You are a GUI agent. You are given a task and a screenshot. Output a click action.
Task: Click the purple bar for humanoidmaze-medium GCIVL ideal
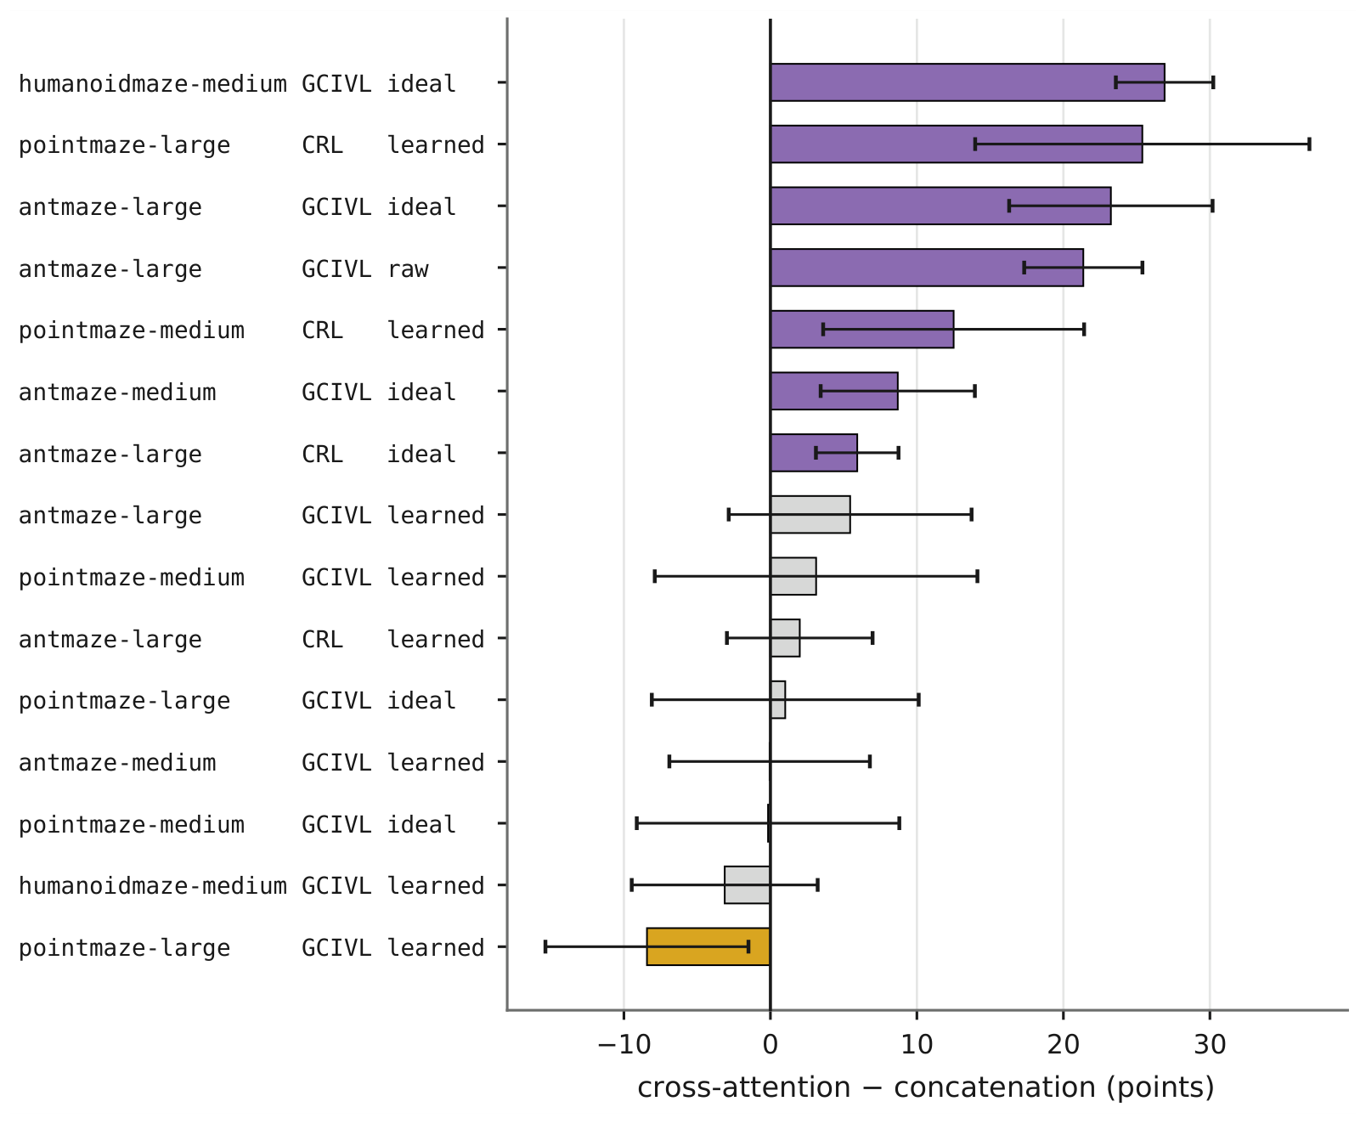[967, 82]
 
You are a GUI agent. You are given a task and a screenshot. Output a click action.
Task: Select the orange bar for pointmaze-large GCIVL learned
[708, 946]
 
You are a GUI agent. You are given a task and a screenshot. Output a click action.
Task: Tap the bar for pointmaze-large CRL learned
[956, 144]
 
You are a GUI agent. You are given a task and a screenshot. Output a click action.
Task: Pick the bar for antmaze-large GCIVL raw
[926, 268]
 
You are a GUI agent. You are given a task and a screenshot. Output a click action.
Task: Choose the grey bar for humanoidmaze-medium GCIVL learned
[747, 885]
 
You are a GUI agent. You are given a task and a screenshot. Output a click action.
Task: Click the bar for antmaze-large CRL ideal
[814, 453]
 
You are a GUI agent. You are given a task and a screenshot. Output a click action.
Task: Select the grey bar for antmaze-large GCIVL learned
[810, 514]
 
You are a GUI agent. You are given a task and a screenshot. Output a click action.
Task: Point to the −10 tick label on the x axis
[624, 1045]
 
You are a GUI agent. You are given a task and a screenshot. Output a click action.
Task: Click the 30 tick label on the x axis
[1210, 1045]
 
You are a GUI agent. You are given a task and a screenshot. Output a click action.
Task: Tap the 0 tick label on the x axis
[770, 1045]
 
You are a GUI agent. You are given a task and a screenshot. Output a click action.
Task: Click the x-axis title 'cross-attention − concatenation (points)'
[926, 1087]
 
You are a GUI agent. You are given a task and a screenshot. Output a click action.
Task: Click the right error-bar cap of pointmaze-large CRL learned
[1309, 144]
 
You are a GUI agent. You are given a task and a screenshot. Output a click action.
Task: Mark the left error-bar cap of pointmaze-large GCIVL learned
[545, 946]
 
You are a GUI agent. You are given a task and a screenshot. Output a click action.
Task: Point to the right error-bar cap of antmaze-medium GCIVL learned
[869, 761]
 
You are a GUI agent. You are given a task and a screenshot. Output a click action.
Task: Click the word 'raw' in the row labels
[408, 268]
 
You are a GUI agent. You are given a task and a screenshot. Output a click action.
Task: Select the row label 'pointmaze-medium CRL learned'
[251, 330]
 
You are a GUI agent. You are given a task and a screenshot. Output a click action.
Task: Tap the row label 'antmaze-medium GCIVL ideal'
[237, 392]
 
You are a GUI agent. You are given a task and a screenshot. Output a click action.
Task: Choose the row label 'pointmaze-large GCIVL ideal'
[237, 701]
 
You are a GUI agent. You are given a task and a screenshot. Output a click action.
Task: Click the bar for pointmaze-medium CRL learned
[861, 329]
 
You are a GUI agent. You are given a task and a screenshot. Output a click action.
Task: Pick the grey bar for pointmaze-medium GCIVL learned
[793, 576]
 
